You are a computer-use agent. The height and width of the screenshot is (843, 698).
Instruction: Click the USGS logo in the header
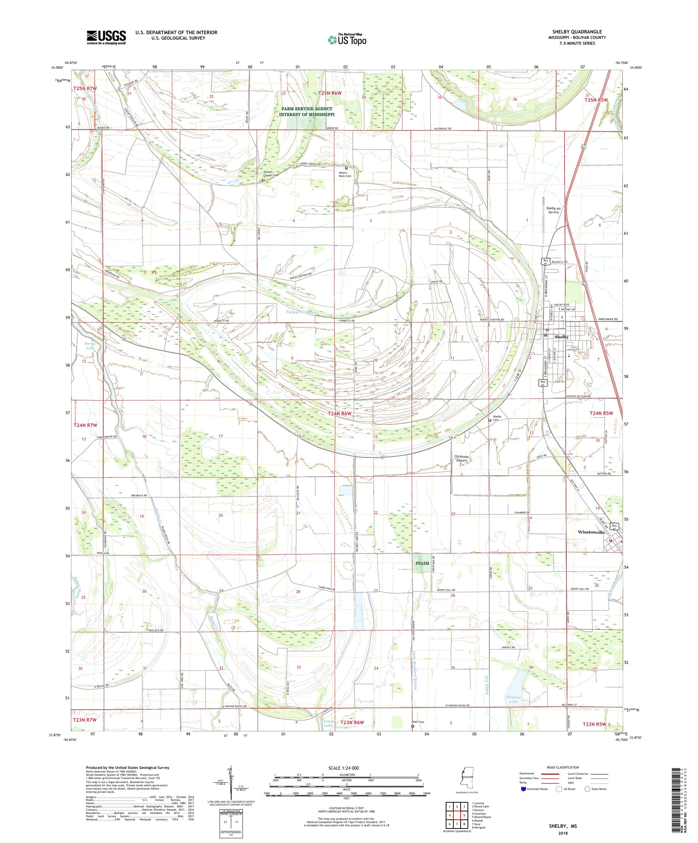(106, 38)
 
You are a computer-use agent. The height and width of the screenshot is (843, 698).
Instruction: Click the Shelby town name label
(561, 337)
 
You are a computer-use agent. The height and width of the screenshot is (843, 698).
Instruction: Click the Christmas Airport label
(461, 459)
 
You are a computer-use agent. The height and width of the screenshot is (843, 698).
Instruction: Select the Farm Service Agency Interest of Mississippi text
(307, 112)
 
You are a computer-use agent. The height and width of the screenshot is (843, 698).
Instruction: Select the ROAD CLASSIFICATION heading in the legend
(562, 767)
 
